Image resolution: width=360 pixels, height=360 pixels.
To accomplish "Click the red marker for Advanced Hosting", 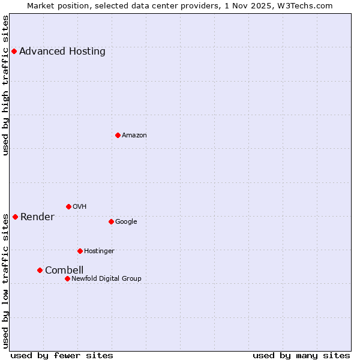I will coord(14,52).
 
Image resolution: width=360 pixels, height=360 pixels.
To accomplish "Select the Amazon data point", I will coord(118,135).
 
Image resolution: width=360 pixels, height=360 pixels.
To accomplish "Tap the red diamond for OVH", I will coord(68,206).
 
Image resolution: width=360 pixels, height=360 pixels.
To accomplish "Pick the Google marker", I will coord(111,221).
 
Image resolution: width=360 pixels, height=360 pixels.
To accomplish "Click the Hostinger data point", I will coord(80,251).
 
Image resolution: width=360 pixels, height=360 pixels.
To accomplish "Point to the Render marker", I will coord(15,217).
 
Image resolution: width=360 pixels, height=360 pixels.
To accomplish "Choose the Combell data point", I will coord(40,270).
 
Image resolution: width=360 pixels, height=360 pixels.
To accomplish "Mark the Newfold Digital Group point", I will coord(67,278).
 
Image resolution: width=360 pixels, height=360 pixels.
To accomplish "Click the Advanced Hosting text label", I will coord(62,52).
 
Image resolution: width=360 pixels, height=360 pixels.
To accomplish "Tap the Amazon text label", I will coord(134,136).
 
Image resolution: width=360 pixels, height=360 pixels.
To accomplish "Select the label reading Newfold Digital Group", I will coord(106,278).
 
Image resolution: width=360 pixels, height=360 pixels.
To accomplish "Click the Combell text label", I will coord(64,270).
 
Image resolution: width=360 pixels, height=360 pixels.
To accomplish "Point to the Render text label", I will coord(37,217).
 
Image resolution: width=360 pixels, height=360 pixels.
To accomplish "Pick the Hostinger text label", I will coord(99,251).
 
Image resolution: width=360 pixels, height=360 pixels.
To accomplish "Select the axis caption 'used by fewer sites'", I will coord(62,355).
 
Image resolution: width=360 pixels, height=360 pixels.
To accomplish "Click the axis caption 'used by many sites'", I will coord(301,355).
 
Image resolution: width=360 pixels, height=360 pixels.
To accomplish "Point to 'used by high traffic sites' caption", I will coord(6,85).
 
